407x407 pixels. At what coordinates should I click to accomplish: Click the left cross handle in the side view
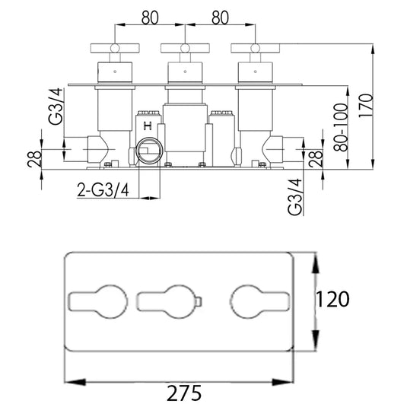coord(113,48)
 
